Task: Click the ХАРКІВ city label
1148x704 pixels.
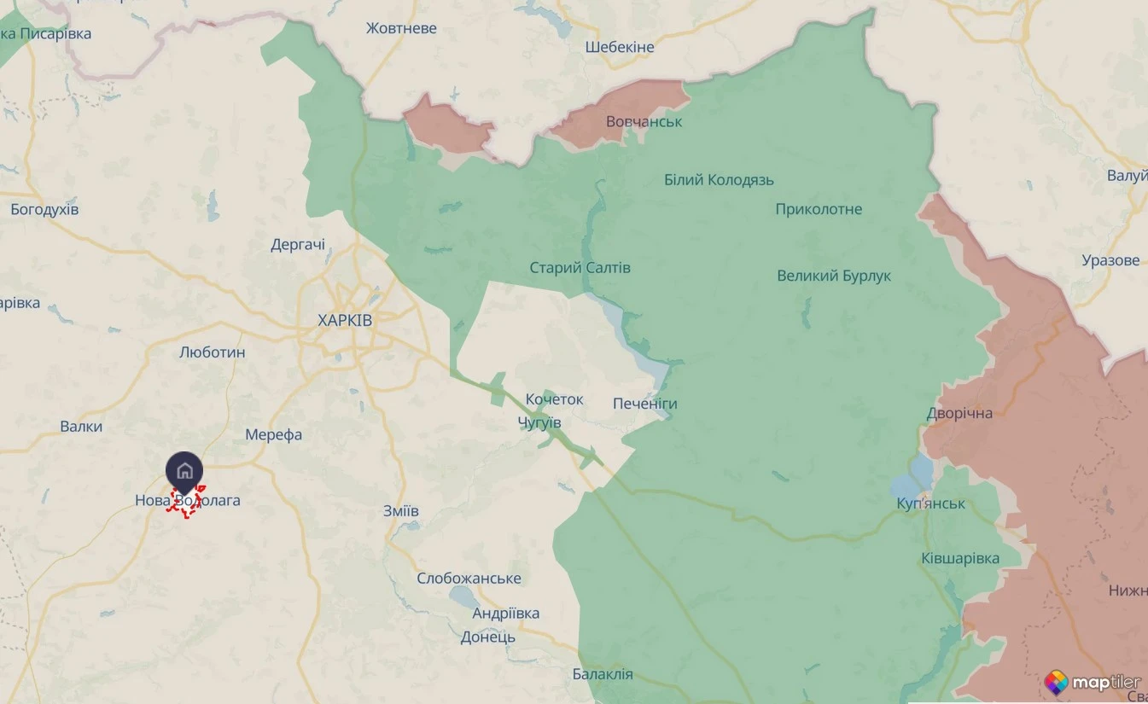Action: click(x=345, y=321)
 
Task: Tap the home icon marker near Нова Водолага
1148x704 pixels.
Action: click(x=184, y=470)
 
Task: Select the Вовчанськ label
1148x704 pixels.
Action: click(x=644, y=122)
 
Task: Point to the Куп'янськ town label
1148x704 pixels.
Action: click(x=931, y=503)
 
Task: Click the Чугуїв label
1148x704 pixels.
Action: click(x=539, y=423)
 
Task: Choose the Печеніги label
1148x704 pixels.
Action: click(x=644, y=404)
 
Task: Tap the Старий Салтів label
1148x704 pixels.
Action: click(x=580, y=268)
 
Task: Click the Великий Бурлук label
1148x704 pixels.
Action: click(x=833, y=276)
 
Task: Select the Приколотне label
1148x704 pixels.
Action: click(x=819, y=209)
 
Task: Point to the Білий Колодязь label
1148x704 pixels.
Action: click(x=719, y=180)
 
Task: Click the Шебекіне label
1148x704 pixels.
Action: click(x=620, y=47)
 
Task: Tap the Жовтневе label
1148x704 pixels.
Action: click(x=401, y=28)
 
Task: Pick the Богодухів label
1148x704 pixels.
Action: click(x=44, y=209)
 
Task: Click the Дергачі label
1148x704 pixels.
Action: click(x=298, y=245)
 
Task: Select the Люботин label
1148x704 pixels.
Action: click(x=213, y=352)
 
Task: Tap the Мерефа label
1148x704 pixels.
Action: click(x=273, y=435)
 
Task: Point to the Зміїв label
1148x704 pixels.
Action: click(x=401, y=511)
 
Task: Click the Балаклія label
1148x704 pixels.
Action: click(x=603, y=674)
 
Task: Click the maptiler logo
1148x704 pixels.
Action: click(x=1093, y=682)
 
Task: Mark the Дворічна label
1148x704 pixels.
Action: click(x=960, y=414)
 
